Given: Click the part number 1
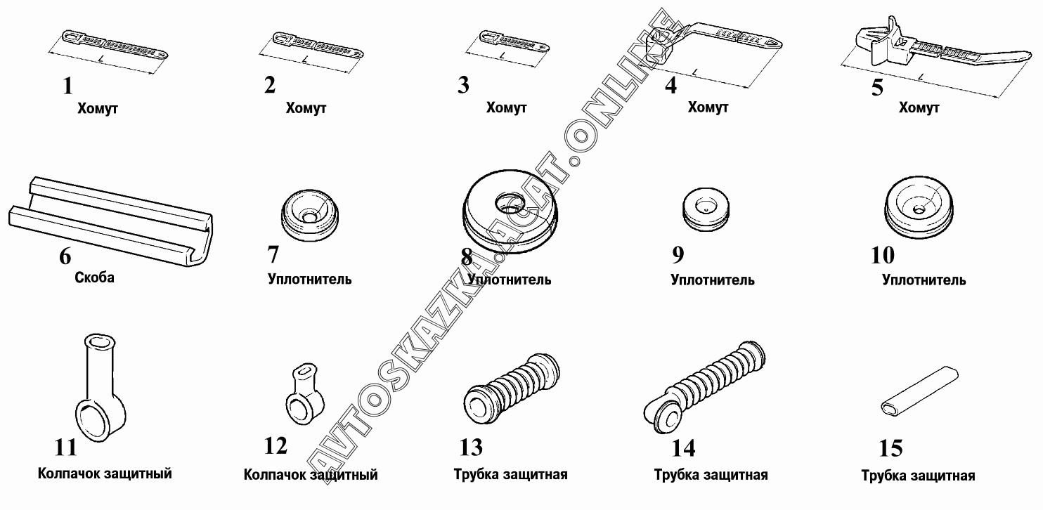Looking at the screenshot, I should (67, 86).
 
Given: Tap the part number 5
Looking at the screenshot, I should (877, 89).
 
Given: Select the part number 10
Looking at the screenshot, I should (883, 254).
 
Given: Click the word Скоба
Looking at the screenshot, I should (94, 277).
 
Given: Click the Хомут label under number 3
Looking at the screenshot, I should (506, 108).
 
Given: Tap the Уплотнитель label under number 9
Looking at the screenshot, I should (713, 280).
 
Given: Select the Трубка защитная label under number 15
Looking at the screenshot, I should (918, 476).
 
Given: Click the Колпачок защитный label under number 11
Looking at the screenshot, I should (105, 473).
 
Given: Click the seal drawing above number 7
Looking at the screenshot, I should (309, 212).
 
